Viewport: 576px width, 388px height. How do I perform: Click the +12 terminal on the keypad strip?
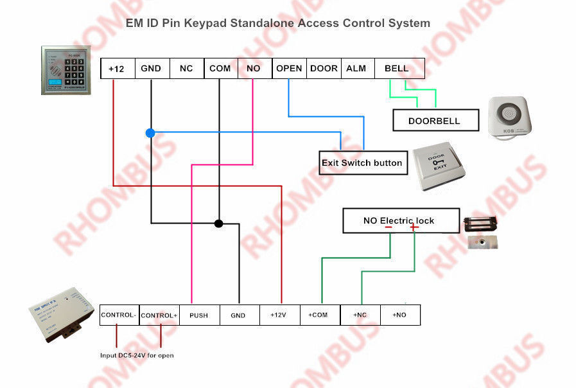pos(117,69)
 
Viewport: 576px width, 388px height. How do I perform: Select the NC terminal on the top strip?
pos(186,69)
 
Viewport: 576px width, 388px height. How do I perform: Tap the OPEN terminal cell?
pos(289,68)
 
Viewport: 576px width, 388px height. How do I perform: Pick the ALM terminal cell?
pos(356,68)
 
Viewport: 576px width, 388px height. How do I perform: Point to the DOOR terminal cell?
pos(324,68)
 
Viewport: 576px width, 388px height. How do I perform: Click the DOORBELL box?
pos(435,120)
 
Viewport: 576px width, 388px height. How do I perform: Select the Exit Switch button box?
pos(362,163)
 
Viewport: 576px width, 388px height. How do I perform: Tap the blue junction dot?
pos(150,133)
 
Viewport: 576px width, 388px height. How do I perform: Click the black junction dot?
pos(218,224)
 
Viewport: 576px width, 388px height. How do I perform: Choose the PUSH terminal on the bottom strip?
pos(198,315)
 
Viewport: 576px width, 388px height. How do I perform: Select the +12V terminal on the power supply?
pos(279,315)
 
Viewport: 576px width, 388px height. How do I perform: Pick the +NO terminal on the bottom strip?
pos(399,315)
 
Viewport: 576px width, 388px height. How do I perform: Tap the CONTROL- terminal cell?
pos(119,315)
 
